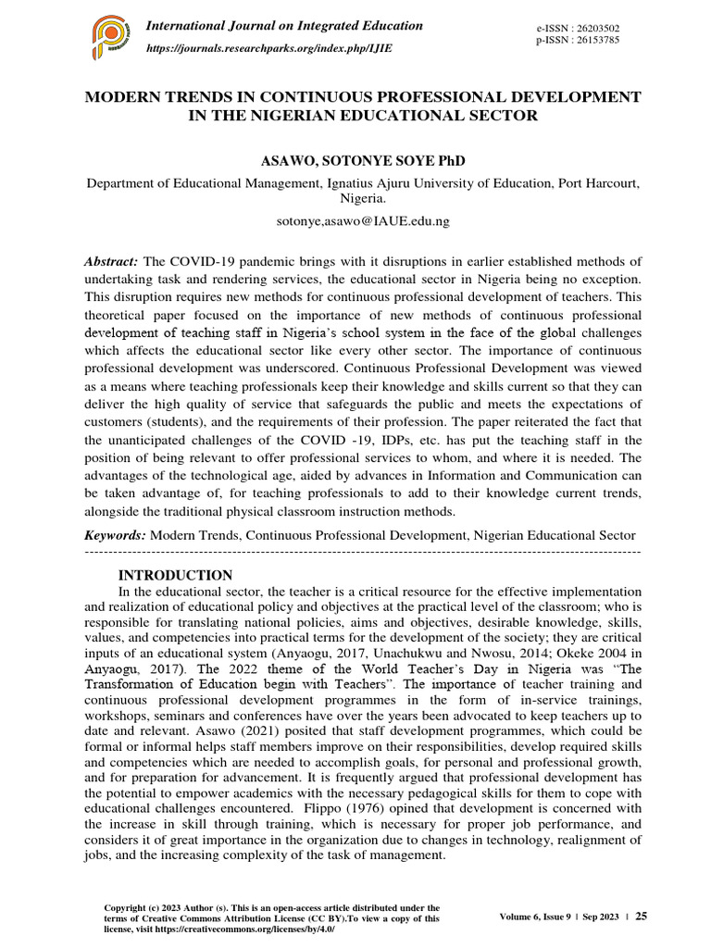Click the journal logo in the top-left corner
109,37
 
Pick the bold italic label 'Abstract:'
112,262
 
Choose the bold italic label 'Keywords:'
116,535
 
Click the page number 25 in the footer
641,916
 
